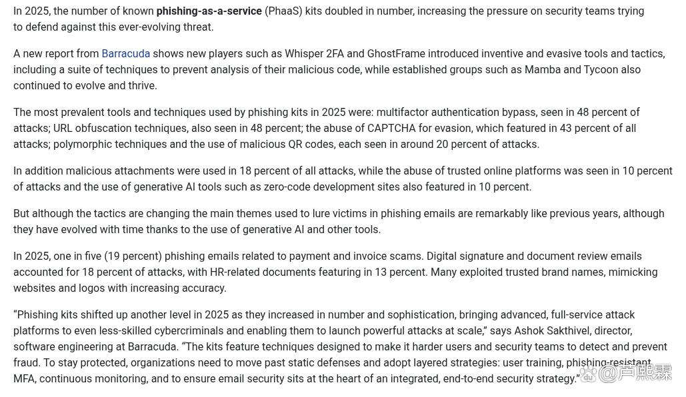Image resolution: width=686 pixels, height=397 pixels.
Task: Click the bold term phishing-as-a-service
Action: coord(209,11)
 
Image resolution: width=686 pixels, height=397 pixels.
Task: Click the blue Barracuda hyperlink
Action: coord(125,54)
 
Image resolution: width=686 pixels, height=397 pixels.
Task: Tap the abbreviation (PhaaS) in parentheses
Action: coord(283,11)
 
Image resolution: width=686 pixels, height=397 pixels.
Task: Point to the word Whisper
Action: coord(304,54)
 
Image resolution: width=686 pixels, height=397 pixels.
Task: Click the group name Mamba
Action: coord(543,70)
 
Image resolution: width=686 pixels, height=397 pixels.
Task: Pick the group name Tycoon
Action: coord(601,70)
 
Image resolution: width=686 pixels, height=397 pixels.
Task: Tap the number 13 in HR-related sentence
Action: coord(381,272)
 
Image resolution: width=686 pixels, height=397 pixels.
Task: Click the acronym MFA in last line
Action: coord(24,379)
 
